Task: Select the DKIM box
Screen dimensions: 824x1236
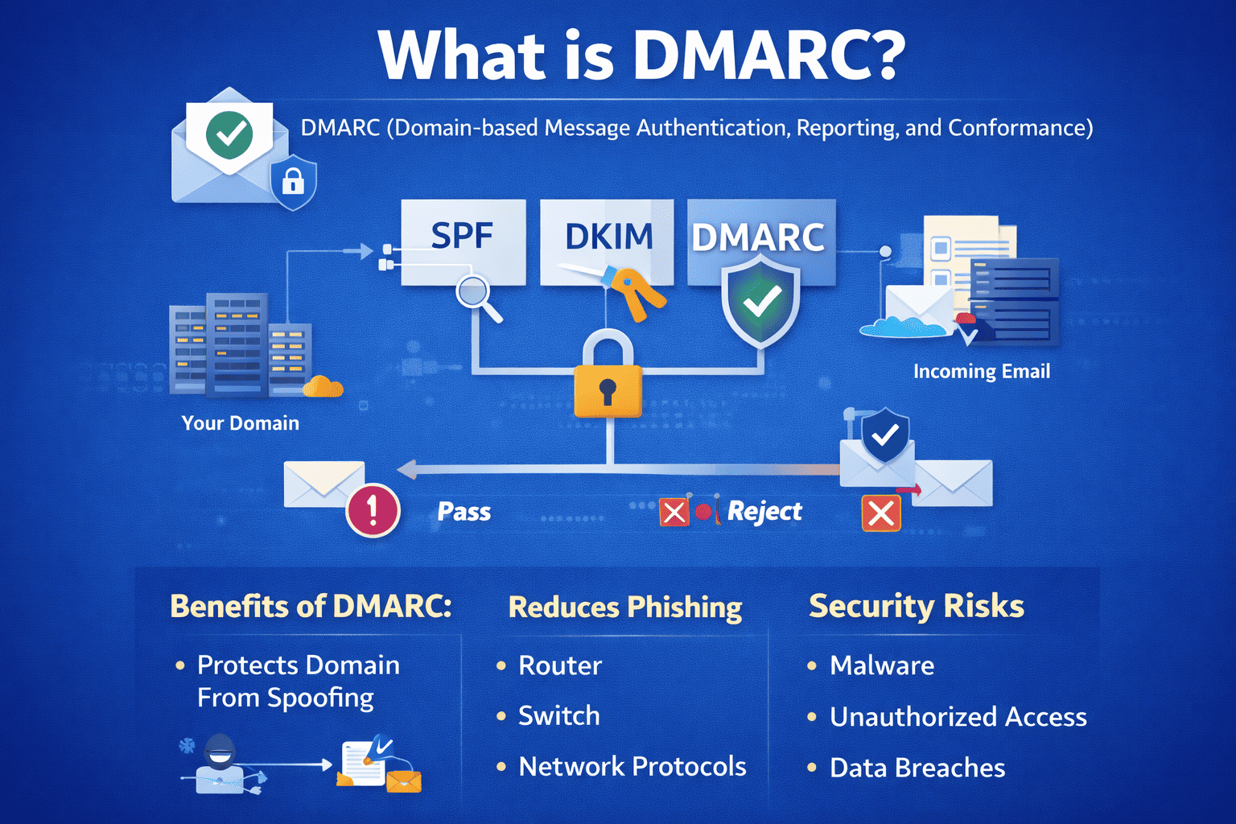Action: point(608,237)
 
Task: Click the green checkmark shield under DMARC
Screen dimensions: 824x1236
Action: point(760,302)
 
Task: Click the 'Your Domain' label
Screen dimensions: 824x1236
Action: point(240,423)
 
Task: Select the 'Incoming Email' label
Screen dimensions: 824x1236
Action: point(981,372)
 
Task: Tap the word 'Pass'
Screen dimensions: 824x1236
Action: point(463,512)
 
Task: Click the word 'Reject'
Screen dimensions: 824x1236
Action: point(764,512)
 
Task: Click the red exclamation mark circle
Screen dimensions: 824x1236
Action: point(373,510)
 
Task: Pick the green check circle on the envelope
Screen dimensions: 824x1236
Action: point(229,134)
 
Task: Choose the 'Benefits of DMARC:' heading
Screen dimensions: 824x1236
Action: point(311,606)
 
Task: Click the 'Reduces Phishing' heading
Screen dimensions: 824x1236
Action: point(625,608)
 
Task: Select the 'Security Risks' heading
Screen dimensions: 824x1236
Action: point(916,606)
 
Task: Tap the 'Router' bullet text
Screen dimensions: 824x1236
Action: point(560,665)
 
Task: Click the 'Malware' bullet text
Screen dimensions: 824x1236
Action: point(882,665)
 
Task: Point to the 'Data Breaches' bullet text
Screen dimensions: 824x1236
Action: point(917,768)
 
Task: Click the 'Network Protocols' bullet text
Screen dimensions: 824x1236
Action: point(632,767)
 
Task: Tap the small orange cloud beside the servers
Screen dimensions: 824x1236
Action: point(323,387)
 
